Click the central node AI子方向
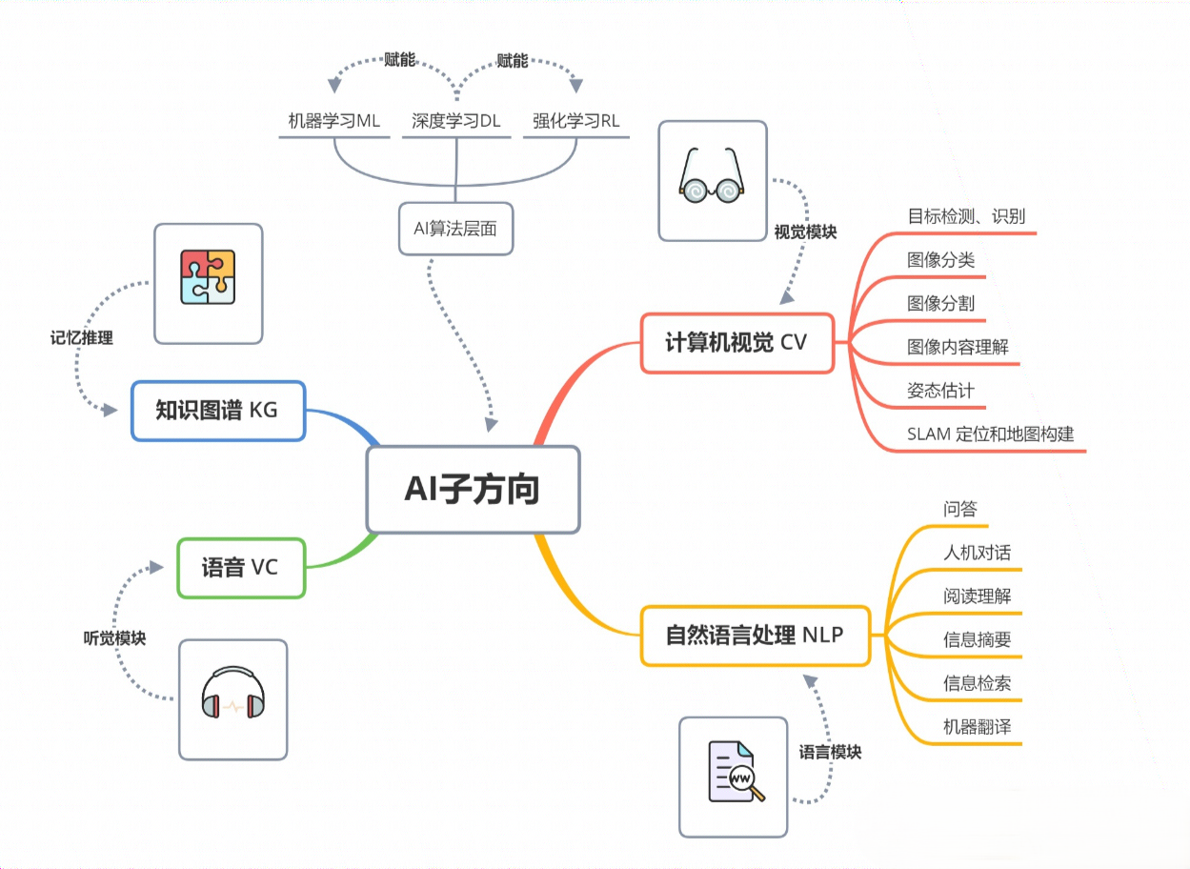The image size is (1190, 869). coord(473,489)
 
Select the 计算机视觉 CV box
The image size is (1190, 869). coord(736,342)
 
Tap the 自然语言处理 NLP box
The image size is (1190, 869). coord(755,635)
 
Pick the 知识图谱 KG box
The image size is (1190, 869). coord(217,411)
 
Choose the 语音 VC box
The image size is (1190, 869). coord(240,568)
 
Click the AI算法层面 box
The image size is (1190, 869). coord(455,229)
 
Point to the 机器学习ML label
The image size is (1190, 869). coord(334,121)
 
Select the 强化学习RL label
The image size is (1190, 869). coord(575,121)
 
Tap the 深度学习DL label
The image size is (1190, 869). coord(456,121)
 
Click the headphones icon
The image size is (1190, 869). coord(232,698)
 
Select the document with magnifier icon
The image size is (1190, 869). coord(734,776)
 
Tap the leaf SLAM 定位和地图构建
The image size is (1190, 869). coord(990,434)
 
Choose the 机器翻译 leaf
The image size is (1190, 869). coord(977,727)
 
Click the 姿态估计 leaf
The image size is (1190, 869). coord(940,391)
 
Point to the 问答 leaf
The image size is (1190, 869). coord(960,509)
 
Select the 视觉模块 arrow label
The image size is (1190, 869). coord(805,232)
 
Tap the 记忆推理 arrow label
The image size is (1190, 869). coord(81,337)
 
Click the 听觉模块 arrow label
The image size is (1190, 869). coord(114,638)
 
